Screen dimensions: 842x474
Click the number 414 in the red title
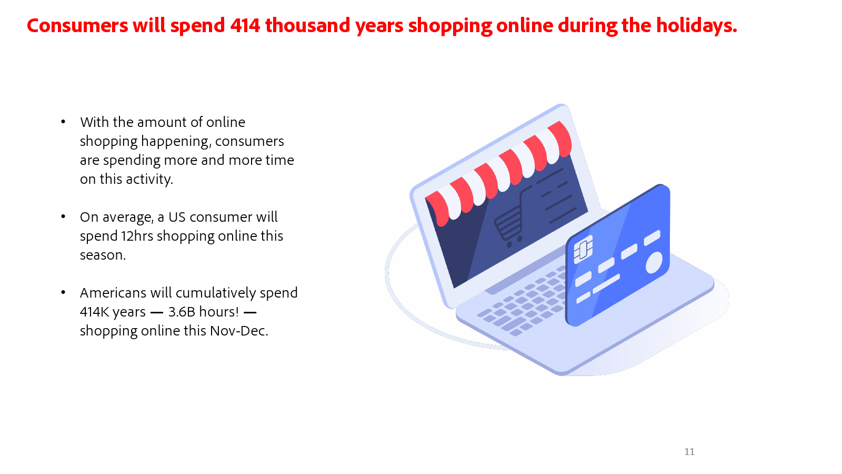245,26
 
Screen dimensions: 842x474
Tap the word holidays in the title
697,26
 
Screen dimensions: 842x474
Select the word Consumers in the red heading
77,26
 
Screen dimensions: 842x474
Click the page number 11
689,451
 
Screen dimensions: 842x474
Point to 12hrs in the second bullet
137,236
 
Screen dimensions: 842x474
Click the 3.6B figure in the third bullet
182,312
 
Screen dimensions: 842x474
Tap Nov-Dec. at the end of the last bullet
239,331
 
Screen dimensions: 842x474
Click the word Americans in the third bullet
113,293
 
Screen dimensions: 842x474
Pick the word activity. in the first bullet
149,180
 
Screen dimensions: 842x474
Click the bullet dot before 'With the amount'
63,122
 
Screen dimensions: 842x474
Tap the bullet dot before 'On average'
63,216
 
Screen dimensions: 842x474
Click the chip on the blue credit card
583,249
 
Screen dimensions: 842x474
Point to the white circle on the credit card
654,263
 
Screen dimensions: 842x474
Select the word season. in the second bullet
103,255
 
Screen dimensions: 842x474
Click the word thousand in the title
307,26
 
